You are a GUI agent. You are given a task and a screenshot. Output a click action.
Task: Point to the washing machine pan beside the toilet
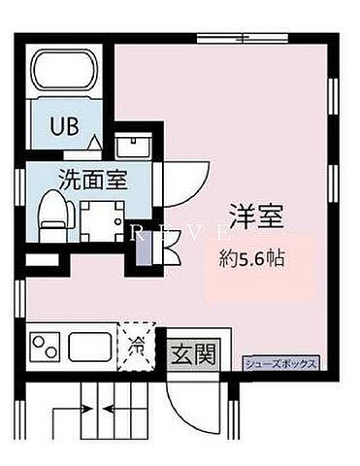pos(97,217)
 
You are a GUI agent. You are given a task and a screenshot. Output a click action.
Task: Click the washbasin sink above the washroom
pos(129,148)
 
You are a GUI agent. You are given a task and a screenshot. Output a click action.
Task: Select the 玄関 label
pos(195,353)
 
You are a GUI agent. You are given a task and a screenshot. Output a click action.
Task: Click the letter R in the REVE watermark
pos(139,232)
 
